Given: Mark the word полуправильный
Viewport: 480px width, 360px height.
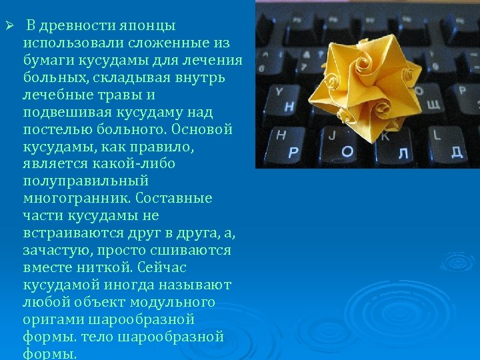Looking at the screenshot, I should (85, 181).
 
